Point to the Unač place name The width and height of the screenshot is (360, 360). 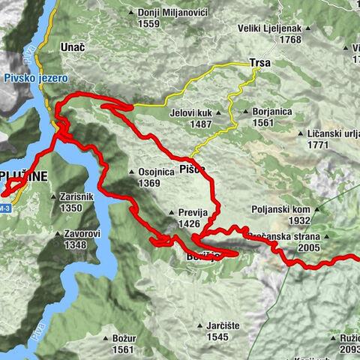click(74, 46)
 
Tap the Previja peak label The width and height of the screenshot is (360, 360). click(193, 213)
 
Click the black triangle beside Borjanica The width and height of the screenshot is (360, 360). click(235, 113)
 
